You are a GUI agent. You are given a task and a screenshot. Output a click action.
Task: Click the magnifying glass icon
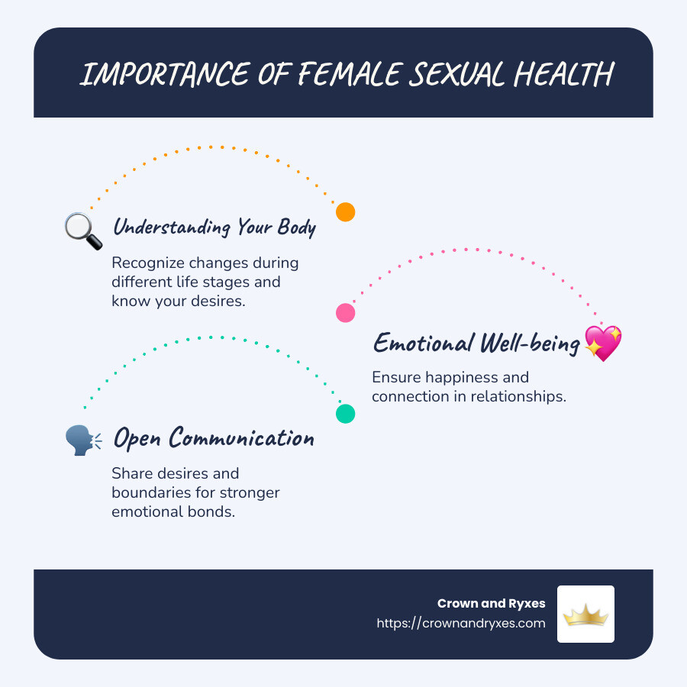click(83, 231)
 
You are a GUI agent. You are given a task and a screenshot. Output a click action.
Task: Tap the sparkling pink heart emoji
click(603, 343)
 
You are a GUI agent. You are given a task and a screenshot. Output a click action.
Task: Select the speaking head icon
click(83, 440)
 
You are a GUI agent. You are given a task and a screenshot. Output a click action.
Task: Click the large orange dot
click(346, 212)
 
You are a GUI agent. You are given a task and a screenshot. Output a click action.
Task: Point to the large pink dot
click(346, 312)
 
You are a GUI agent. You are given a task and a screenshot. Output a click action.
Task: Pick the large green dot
click(346, 414)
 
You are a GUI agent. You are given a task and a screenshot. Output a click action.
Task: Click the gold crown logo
click(585, 614)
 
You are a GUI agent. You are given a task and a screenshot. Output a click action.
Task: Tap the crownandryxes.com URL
click(461, 623)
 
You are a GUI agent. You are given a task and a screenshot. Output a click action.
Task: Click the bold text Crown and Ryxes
click(492, 603)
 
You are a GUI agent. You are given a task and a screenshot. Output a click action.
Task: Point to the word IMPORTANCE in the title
click(156, 75)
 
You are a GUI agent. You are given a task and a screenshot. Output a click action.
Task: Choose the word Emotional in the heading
click(422, 343)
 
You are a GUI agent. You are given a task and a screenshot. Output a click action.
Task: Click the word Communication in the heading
click(242, 438)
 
